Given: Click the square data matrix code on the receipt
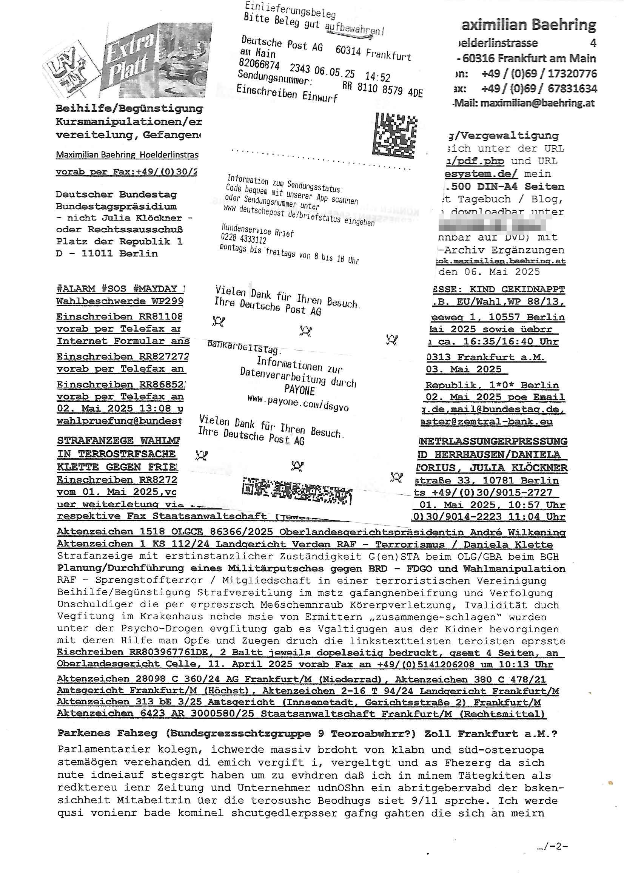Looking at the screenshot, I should point(395,135).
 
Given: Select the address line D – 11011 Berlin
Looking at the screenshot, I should point(107,253).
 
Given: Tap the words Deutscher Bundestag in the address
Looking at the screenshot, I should point(116,194).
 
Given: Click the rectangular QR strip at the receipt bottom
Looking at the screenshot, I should point(297,491).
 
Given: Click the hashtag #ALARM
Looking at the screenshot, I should point(75,289).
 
